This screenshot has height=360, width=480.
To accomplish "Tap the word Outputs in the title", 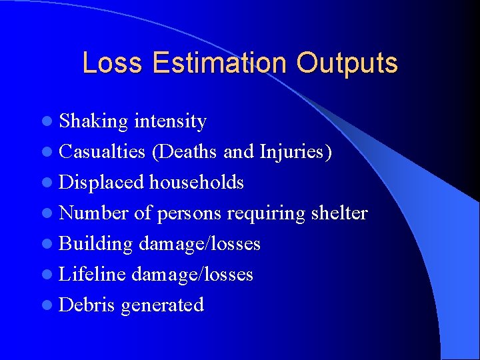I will click(x=347, y=63).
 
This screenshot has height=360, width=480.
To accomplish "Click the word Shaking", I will click(x=93, y=122).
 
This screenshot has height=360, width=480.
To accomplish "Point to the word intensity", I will click(x=170, y=122).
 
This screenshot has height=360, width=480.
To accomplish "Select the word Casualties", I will click(x=102, y=152).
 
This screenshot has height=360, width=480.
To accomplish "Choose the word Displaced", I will click(x=101, y=183).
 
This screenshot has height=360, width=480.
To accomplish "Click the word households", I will click(x=197, y=183).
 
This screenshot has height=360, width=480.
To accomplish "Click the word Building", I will click(x=96, y=244).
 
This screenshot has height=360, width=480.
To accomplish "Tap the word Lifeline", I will click(x=93, y=275).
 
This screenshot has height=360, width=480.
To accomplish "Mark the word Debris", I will click(x=87, y=305).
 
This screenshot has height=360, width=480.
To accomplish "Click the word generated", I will click(x=162, y=305).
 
